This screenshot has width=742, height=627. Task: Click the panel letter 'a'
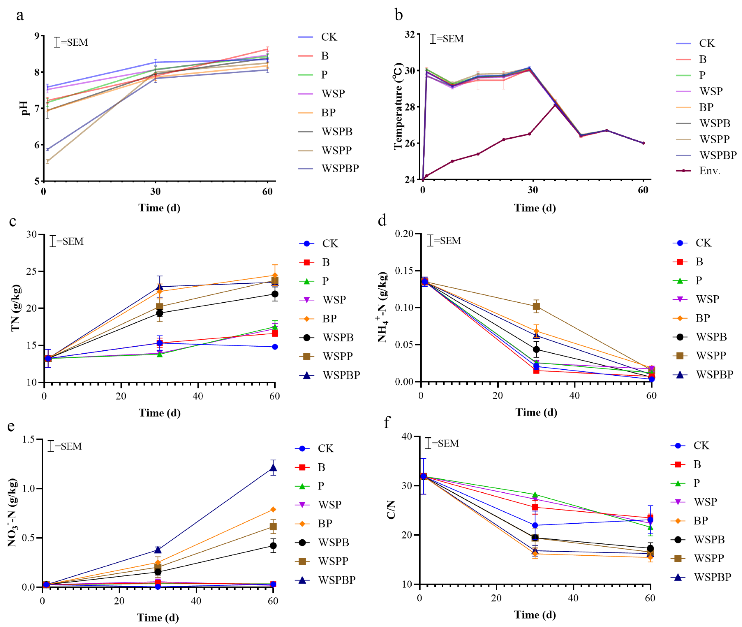click(20, 16)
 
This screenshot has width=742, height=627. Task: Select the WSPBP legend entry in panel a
click(340, 169)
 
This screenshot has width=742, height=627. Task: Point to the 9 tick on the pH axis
click(37, 36)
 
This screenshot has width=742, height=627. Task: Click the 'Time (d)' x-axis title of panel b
click(535, 208)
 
